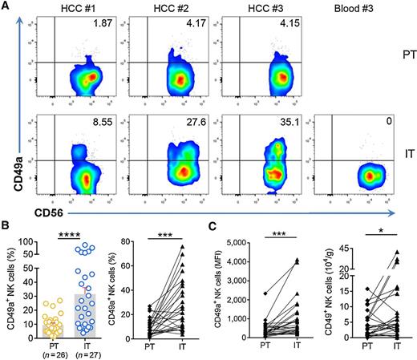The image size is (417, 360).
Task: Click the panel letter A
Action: point(6,6)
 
